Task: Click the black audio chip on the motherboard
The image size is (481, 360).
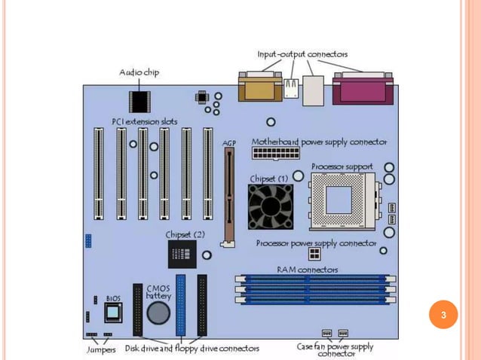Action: (x=139, y=100)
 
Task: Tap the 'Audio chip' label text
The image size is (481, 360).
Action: (x=139, y=72)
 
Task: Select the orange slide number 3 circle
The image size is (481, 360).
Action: (x=444, y=314)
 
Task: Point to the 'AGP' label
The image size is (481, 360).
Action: (x=229, y=142)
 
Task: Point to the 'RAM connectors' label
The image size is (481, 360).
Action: (x=307, y=269)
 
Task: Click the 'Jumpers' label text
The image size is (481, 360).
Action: (x=100, y=349)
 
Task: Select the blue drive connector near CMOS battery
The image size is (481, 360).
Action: (x=181, y=305)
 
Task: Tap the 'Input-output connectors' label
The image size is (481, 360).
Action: (x=302, y=55)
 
